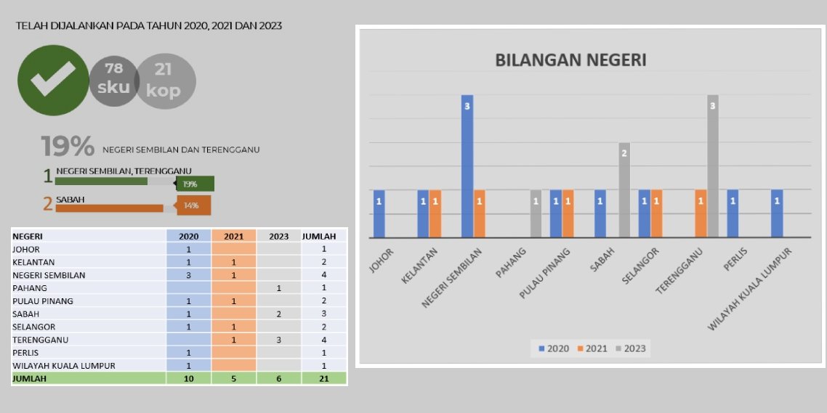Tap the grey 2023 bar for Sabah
click(x=624, y=189)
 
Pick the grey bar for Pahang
click(x=536, y=213)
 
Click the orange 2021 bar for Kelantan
click(x=435, y=213)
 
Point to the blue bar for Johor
click(x=379, y=213)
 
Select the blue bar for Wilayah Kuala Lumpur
click(x=777, y=213)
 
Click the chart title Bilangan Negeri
click(x=570, y=60)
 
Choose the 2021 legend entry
click(x=592, y=348)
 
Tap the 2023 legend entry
click(x=631, y=348)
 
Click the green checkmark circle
click(x=53, y=80)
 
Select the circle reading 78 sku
click(x=113, y=79)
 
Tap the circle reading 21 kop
click(x=165, y=81)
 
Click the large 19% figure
click(x=68, y=147)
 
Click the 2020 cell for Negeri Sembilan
click(x=189, y=275)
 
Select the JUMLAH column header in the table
click(x=319, y=236)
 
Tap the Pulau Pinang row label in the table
click(x=43, y=301)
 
